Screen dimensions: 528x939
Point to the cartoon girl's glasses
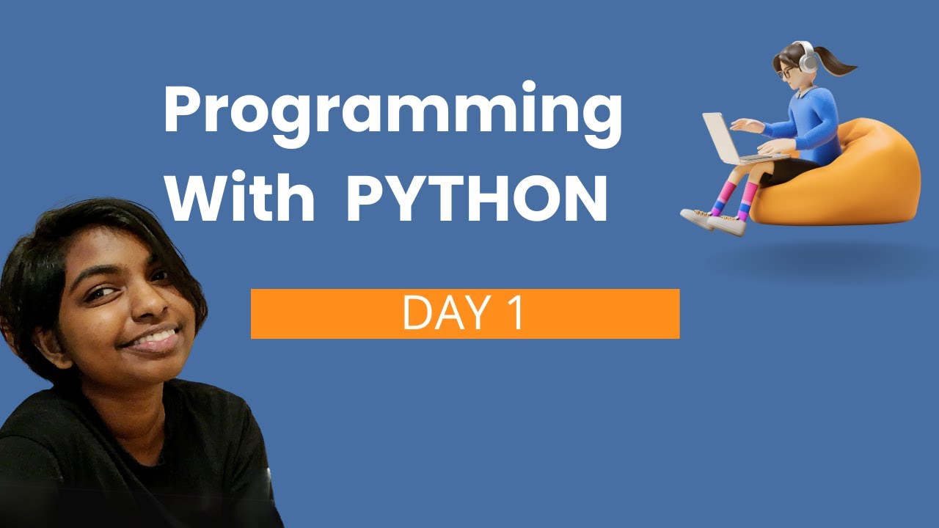786,73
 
